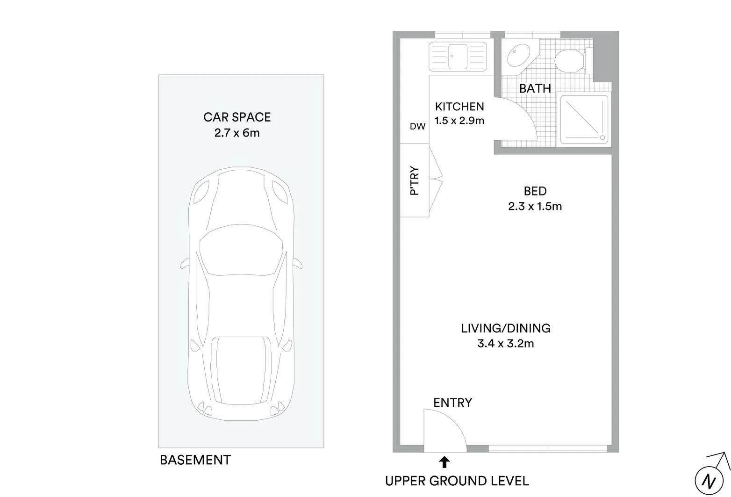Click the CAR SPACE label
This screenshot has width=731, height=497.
pos(237,117)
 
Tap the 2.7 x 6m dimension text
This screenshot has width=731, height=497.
pos(237,133)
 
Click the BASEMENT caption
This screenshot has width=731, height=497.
pos(195,460)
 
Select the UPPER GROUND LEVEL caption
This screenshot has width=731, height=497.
pos(457,481)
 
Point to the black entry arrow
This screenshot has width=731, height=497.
pos(444,462)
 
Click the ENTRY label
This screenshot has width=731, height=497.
pos(452,403)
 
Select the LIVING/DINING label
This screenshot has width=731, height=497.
pos(506,328)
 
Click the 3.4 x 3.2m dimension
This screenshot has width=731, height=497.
pos(506,344)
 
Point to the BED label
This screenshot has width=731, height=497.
pos(535,191)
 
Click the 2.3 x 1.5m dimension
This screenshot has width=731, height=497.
pos(535,206)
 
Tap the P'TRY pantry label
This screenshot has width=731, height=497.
pos(414,181)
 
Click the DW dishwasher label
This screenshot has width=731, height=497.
pos(417,126)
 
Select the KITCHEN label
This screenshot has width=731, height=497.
pos(459,107)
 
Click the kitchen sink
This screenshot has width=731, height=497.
pos(458,56)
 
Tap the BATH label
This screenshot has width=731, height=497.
pos(535,88)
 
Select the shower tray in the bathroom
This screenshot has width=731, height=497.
pos(584,119)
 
